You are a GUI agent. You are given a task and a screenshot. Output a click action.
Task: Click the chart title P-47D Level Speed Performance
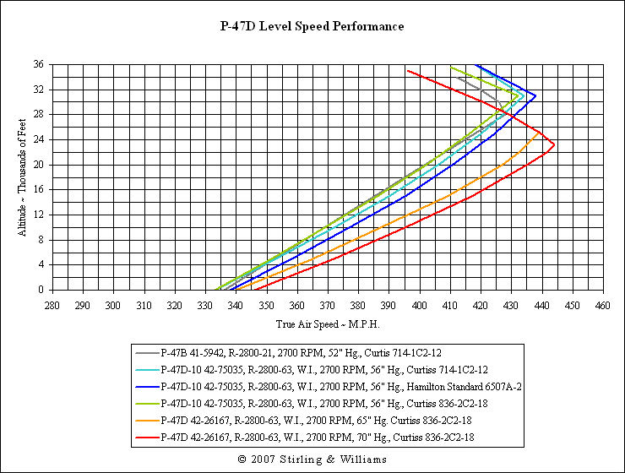click(312, 26)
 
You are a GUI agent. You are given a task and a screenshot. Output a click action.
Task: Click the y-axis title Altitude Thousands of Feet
click(22, 177)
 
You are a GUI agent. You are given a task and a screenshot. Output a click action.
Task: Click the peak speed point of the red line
click(555, 144)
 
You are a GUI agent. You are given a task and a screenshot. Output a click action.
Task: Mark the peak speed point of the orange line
click(541, 133)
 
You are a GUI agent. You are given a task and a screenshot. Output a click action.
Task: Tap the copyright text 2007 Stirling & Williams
click(312, 459)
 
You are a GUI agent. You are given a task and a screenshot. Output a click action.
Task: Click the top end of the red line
click(407, 70)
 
